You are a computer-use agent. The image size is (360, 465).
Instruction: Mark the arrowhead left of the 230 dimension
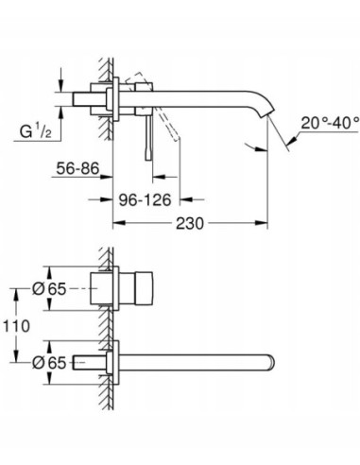click(x=119, y=225)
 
